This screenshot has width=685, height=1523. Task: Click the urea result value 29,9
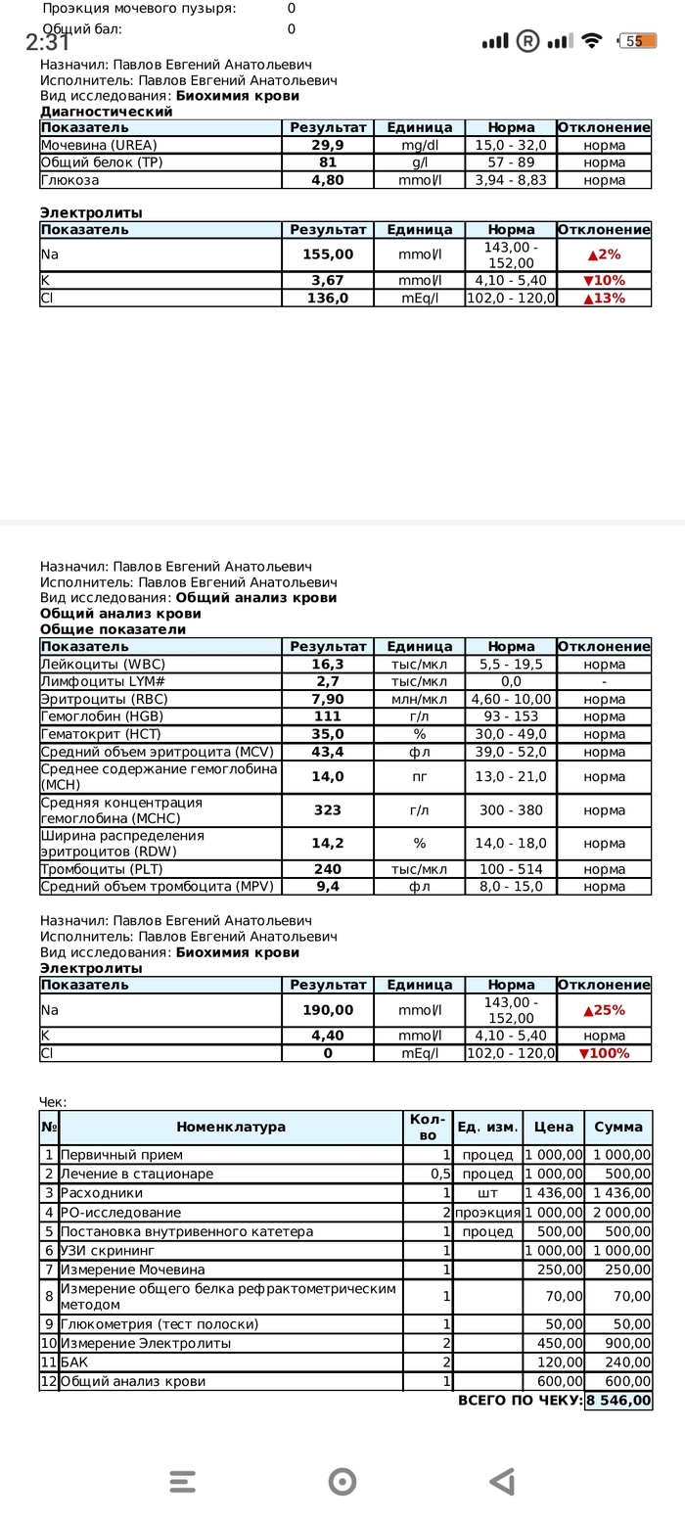327,145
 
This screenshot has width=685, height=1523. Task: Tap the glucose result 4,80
327,180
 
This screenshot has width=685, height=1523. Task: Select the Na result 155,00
327,254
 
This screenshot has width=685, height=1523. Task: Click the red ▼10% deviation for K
603,281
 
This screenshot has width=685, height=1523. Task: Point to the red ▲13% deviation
603,299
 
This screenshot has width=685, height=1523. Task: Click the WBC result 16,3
327,665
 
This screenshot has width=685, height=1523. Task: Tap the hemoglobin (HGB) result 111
327,717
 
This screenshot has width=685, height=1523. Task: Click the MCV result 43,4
327,753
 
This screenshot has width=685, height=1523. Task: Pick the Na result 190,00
327,1010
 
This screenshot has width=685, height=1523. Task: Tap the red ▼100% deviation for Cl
603,1054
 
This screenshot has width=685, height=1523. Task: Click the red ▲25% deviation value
603,1010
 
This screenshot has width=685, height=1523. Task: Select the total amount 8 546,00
618,1401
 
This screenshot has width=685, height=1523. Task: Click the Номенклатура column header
231,1128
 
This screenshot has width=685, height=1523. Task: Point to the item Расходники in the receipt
102,1193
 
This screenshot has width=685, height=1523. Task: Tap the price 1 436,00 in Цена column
553,1193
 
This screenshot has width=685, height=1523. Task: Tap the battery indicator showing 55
637,41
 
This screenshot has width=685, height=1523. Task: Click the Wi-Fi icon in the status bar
591,41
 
